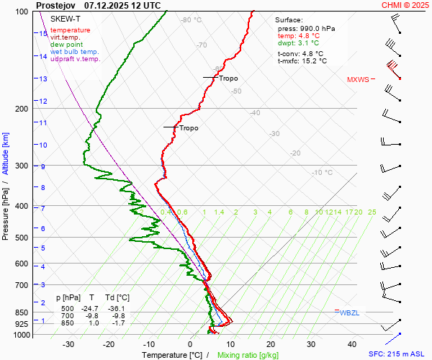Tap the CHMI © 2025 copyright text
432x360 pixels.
click(x=405, y=4)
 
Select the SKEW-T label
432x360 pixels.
click(x=66, y=18)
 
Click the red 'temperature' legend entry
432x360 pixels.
click(x=71, y=30)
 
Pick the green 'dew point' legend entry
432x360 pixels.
click(x=67, y=45)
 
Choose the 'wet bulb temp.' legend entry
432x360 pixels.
click(x=75, y=52)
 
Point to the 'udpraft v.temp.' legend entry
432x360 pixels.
click(x=75, y=59)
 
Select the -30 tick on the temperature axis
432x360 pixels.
click(x=68, y=344)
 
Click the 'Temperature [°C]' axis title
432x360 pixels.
click(x=172, y=355)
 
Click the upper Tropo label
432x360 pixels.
click(x=228, y=78)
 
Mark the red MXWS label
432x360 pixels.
click(x=357, y=79)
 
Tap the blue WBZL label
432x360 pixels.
click(x=349, y=312)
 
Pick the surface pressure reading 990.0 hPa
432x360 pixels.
click(x=306, y=28)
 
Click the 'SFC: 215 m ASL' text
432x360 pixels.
click(x=397, y=354)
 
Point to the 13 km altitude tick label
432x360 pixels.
click(x=43, y=79)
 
